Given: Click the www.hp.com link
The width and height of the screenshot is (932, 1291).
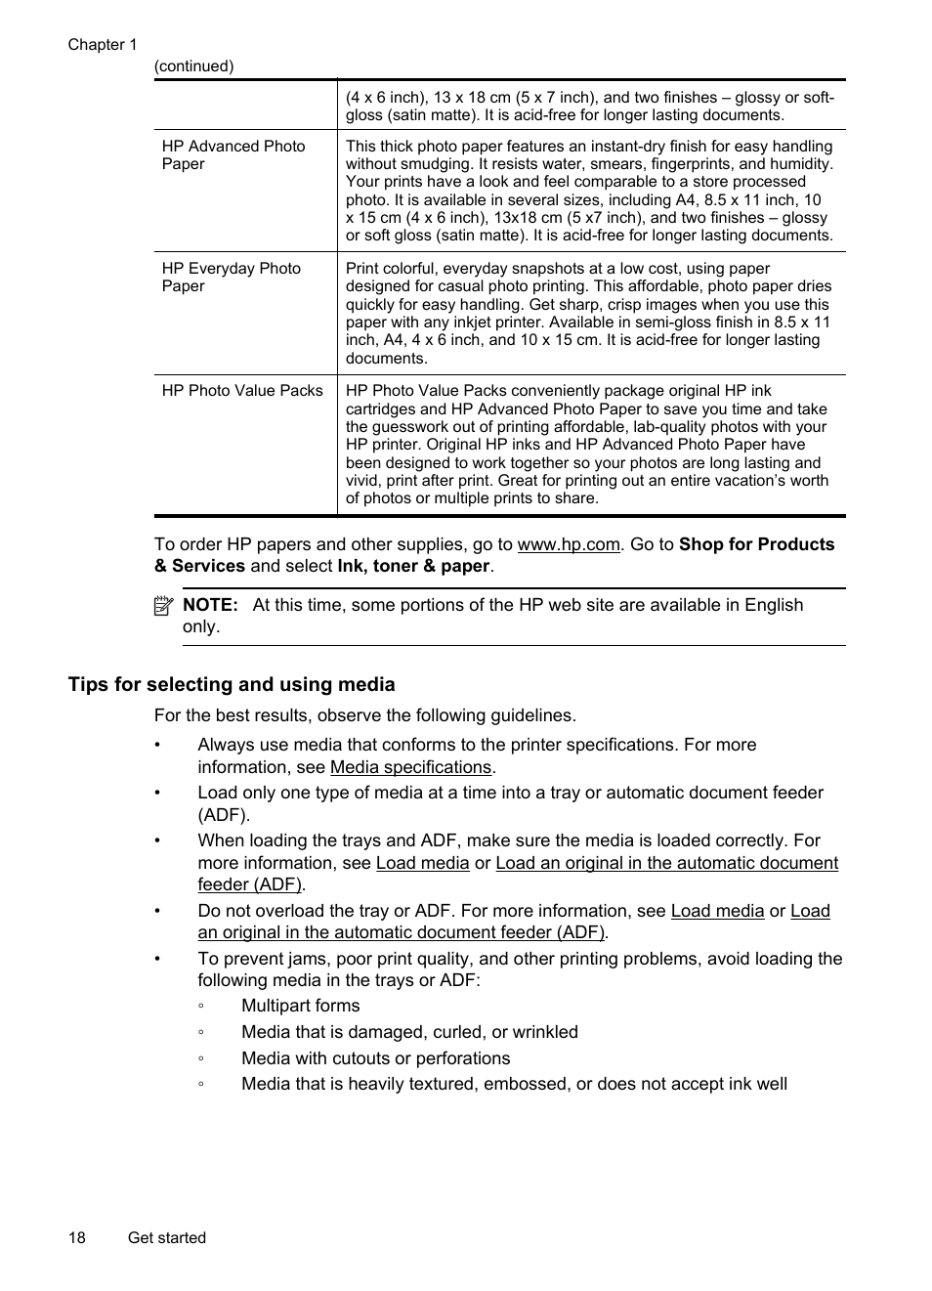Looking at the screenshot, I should tap(568, 544).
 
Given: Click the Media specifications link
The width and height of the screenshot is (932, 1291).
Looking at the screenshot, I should tap(410, 767).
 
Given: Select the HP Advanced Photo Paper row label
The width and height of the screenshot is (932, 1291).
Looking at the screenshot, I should tap(233, 154).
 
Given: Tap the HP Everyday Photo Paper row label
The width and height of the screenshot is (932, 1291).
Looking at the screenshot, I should tap(231, 277).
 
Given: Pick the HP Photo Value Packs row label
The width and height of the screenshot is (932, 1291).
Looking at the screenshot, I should tap(241, 390).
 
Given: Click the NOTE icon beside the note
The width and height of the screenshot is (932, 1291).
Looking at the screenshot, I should tap(163, 606).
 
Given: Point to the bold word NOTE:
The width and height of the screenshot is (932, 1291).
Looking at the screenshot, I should tap(210, 605).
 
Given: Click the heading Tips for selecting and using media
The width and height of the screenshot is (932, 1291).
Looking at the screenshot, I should tap(232, 684).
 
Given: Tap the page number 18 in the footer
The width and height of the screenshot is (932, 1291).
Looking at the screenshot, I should tap(76, 1237).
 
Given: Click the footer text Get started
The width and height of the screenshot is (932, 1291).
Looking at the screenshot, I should tap(166, 1237).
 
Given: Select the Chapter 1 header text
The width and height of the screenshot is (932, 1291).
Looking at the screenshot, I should tap(103, 44).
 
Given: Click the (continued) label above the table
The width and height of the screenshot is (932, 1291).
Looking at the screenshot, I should tap(193, 65).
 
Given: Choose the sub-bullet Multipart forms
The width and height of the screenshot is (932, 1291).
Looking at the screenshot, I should tap(300, 1006).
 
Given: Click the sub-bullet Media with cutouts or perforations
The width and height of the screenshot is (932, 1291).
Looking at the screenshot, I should tap(375, 1058).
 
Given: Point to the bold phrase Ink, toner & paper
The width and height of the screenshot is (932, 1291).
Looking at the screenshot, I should tap(413, 566).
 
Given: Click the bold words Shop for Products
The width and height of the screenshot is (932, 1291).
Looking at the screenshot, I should tap(756, 544).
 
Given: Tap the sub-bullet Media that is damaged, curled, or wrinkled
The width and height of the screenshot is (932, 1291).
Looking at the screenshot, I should tap(409, 1032).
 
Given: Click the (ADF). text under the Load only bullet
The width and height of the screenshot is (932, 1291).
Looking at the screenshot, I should tap(224, 815).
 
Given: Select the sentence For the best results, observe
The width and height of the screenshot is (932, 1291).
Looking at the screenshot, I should tap(364, 715).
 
